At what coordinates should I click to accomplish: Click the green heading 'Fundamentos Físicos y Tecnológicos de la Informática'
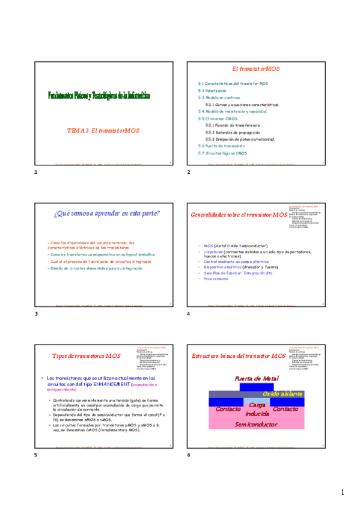click(x=99, y=96)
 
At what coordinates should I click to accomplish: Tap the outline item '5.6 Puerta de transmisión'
click(x=221, y=146)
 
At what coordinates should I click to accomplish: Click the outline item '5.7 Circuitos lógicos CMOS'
click(x=222, y=153)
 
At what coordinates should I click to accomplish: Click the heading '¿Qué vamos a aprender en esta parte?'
click(x=107, y=214)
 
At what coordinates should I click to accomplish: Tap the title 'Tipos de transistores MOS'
click(x=87, y=356)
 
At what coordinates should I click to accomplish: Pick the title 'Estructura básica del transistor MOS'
click(x=239, y=356)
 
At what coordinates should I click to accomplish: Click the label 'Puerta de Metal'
click(x=257, y=378)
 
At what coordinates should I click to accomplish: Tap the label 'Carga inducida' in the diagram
click(x=257, y=410)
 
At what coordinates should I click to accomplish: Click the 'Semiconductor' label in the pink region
click(x=256, y=424)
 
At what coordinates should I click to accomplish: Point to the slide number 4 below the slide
click(x=189, y=314)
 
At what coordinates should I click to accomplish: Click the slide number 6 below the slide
click(x=189, y=455)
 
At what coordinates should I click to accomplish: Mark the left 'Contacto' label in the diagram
click(x=228, y=409)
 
